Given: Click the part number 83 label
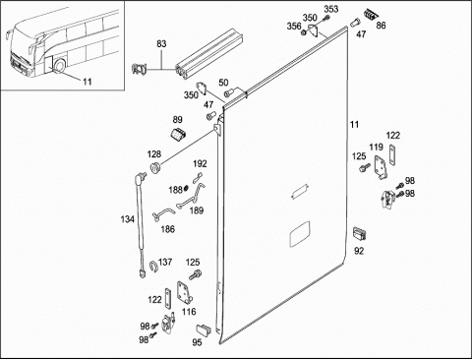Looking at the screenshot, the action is click(x=161, y=44).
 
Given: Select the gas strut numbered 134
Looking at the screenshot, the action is click(x=141, y=224).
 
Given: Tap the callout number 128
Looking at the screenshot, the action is click(x=154, y=154).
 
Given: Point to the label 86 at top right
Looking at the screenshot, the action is click(x=381, y=26).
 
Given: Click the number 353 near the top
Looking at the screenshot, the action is click(x=331, y=9).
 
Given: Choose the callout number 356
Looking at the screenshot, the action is click(x=294, y=26).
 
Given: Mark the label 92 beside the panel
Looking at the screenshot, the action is click(x=359, y=251).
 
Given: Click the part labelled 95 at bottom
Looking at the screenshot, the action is click(x=205, y=330).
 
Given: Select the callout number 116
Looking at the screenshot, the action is click(x=189, y=312).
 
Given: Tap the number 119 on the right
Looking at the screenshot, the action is click(x=376, y=148).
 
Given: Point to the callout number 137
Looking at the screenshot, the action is click(x=165, y=262).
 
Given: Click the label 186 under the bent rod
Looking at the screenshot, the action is click(x=167, y=229).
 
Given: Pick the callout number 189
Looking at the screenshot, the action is click(x=197, y=210).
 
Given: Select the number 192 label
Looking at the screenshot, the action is click(x=200, y=163).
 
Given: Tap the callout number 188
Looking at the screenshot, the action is click(x=175, y=190).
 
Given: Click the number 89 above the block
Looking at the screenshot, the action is click(x=177, y=120).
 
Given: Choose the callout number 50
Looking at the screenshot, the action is click(x=223, y=83).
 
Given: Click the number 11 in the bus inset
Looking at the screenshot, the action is click(x=87, y=82).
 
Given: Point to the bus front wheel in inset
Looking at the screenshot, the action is click(x=60, y=65).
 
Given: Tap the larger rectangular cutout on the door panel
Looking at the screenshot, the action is click(x=300, y=234).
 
